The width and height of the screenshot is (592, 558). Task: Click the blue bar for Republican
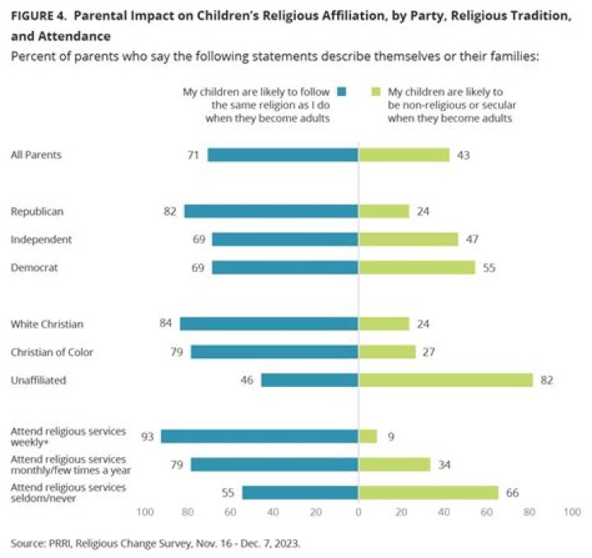tap(271, 211)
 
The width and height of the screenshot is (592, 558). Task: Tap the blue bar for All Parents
tap(283, 154)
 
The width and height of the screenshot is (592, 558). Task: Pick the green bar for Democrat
tap(417, 267)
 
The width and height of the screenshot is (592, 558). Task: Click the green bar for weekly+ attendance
tap(368, 436)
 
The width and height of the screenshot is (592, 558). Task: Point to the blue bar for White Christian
tap(269, 324)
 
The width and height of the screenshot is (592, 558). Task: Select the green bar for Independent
tap(409, 239)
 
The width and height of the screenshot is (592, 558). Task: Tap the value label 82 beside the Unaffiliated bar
tap(547, 380)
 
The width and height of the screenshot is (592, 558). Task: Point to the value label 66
tap(512, 492)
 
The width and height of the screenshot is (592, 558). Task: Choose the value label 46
tap(248, 380)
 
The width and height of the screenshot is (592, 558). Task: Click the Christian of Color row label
tap(52, 352)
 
